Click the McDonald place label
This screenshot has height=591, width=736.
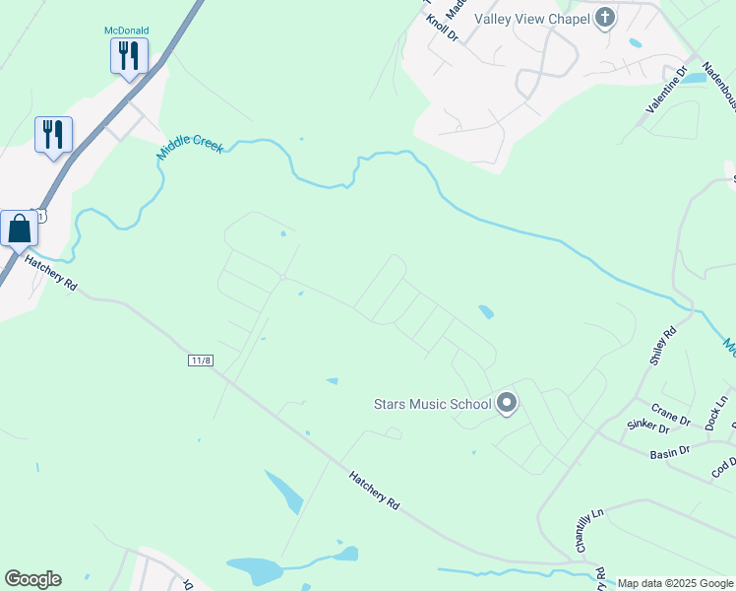pos(127,31)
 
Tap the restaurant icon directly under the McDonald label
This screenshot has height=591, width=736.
pos(129,55)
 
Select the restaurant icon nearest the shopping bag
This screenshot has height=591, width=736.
pos(53,134)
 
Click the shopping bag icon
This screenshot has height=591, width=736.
pos(20,229)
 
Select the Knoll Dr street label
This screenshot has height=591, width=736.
pos(442,28)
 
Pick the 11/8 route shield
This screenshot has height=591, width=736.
pos(200,361)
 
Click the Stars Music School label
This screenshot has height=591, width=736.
pos(432,404)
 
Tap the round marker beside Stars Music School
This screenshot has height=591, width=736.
pos(507,403)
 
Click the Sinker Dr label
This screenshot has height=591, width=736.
pos(647,427)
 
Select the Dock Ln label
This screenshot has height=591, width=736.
pos(715,413)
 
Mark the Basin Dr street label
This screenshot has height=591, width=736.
pos(669,454)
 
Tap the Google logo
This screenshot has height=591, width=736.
pos(32,579)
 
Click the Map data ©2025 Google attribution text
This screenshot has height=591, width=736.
pos(675,583)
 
